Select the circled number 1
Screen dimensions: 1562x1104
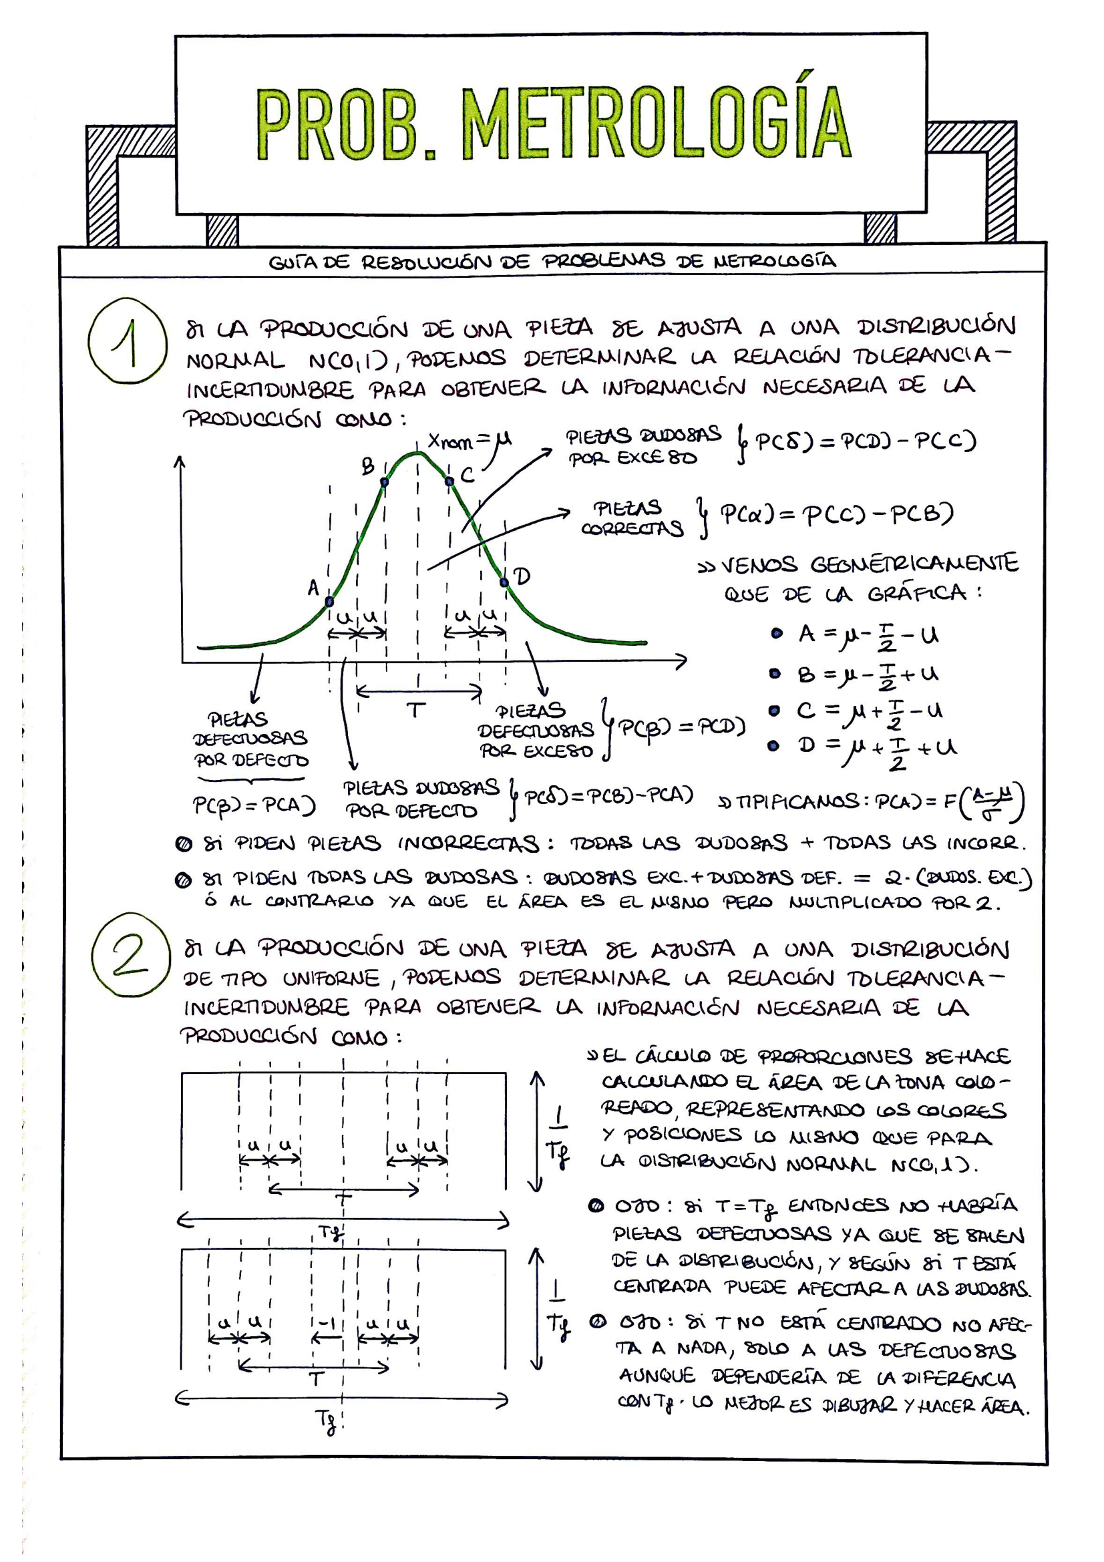click(x=126, y=342)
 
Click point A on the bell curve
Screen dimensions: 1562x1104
click(x=329, y=602)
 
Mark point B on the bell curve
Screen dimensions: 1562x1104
click(x=384, y=481)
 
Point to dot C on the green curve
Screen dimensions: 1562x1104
click(x=449, y=481)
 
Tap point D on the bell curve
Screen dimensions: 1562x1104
click(x=504, y=582)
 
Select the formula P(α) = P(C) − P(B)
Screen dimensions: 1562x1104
click(x=837, y=515)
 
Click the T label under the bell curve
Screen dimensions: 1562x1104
click(x=415, y=711)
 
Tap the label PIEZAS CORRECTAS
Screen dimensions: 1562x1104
click(x=631, y=518)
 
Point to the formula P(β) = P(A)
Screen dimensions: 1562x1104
click(x=254, y=806)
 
